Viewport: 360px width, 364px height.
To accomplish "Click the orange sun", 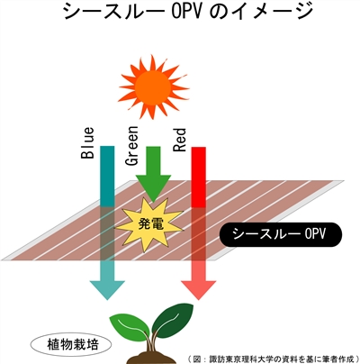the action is [154, 86].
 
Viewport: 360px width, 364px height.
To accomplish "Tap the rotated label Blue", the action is [87, 143].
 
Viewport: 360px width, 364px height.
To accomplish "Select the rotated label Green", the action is [132, 146].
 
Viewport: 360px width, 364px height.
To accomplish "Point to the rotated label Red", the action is [180, 140].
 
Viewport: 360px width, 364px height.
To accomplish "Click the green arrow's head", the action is [153, 187].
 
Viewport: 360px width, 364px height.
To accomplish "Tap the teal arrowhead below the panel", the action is [107, 290].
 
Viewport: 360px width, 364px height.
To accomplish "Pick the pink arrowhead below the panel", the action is [199, 290].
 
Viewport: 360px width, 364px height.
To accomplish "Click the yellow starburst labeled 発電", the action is [149, 224].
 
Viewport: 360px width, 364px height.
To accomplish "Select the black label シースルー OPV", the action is [281, 234].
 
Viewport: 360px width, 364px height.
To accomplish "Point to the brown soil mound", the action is [151, 358].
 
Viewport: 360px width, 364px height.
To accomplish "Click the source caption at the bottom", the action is [274, 359].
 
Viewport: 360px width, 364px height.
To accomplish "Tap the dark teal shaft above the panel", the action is [107, 177].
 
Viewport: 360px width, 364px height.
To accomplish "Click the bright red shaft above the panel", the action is [199, 177].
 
